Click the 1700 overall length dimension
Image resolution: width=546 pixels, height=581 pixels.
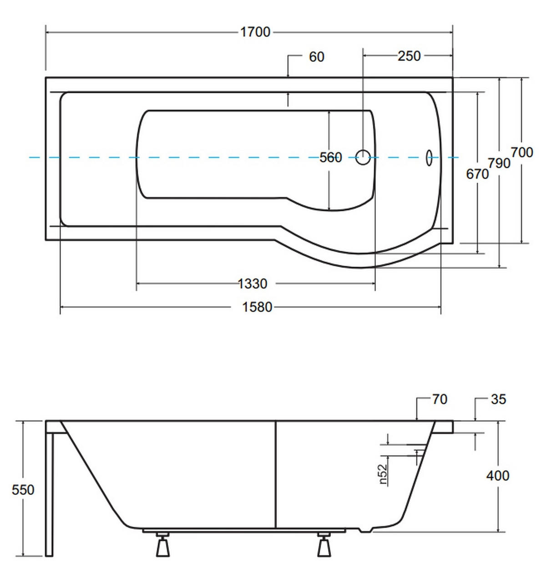pos(255,32)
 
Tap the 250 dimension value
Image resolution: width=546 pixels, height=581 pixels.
pos(409,56)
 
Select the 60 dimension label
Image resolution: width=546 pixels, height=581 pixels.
pos(317,57)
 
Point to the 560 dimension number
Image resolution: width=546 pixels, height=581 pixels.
pos(331,158)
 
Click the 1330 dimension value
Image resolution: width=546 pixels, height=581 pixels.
pos(253,284)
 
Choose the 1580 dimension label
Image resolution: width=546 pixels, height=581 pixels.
pos(257,307)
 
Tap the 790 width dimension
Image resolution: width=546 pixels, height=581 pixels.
pos(499,163)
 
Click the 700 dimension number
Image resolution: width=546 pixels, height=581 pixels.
pos(522,152)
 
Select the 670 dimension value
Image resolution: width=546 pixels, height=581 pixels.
pos(477,174)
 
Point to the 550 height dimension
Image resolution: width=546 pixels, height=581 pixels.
pos(23,490)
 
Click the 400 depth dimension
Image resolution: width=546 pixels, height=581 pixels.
pos(498,476)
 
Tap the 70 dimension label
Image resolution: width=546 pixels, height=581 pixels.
pos(440,399)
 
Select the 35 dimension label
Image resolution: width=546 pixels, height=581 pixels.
pos(499,399)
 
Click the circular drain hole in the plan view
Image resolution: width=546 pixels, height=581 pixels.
pos(363,157)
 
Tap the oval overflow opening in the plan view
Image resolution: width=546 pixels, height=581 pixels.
pos(429,158)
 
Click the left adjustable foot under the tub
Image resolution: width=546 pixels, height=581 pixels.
pos(163,544)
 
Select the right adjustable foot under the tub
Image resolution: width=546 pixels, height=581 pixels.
pos(324,544)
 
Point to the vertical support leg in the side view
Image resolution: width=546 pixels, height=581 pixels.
pos(49,495)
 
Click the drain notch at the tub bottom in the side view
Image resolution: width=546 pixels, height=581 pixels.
pos(365,530)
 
